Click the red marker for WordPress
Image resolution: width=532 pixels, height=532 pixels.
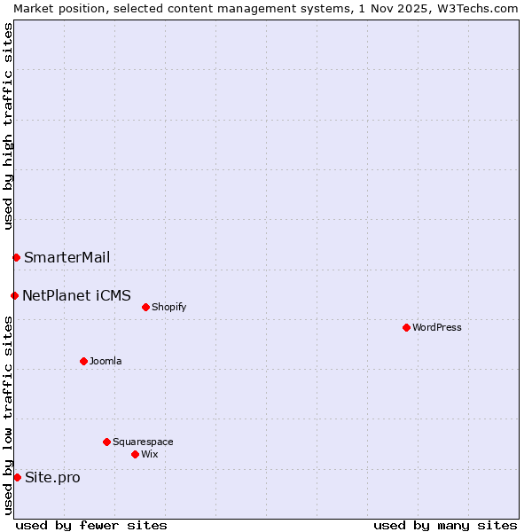(406, 327)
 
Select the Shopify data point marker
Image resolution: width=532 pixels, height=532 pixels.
(145, 307)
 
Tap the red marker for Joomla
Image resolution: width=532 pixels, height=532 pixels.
(83, 361)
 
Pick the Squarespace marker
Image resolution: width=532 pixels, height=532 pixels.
(106, 442)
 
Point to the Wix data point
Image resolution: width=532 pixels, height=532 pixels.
(135, 454)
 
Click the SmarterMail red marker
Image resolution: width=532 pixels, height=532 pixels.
(16, 257)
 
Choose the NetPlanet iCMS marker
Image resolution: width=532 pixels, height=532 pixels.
(14, 295)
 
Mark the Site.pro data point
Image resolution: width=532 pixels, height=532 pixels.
(17, 477)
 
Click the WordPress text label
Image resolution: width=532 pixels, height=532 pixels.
(437, 327)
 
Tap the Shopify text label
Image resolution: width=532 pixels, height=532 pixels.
(168, 307)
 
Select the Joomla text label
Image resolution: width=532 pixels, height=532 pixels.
(106, 361)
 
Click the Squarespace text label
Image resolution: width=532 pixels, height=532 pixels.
(143, 442)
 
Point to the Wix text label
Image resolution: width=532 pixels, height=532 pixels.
(149, 454)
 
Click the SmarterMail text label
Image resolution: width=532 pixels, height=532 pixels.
(67, 257)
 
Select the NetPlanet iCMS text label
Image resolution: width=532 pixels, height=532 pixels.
(76, 295)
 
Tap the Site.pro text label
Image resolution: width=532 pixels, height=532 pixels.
(52, 477)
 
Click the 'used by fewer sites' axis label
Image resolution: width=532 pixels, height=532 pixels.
(91, 525)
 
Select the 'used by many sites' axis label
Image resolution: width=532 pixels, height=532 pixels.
(445, 525)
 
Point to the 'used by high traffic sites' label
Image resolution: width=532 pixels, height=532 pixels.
(8, 126)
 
